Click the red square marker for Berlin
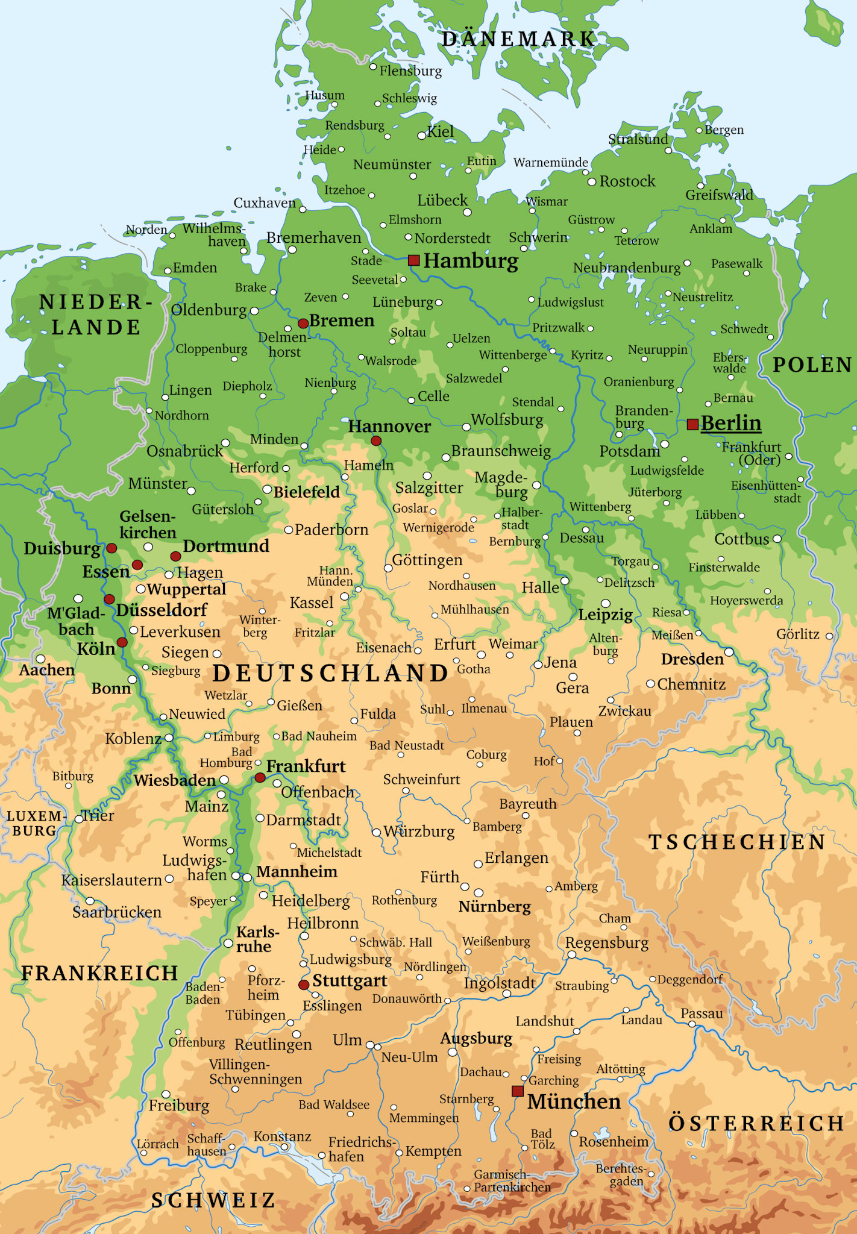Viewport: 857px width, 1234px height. tap(692, 424)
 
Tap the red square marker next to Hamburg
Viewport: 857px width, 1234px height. tap(413, 260)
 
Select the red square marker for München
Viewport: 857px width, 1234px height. tap(517, 1091)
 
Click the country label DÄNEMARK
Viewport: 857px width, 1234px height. tap(519, 39)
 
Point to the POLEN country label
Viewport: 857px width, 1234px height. tap(812, 365)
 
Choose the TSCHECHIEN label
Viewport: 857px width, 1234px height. tap(736, 842)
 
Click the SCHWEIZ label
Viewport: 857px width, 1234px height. tap(213, 1200)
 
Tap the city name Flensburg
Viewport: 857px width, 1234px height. tap(410, 71)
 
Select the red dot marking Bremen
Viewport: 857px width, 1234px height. tap(303, 324)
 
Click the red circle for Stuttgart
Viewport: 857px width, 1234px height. tap(304, 985)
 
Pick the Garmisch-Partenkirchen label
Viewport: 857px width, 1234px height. tap(512, 1181)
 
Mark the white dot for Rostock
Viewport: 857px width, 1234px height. tap(592, 181)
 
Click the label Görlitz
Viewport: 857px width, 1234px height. tap(797, 634)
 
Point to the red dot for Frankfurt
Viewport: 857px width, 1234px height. tap(260, 778)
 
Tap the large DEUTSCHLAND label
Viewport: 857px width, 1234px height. tap(331, 673)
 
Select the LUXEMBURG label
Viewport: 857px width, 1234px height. tap(34, 823)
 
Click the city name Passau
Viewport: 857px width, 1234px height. tap(702, 1013)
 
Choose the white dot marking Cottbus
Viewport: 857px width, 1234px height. tap(777, 539)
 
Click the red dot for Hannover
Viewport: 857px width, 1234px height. tap(376, 441)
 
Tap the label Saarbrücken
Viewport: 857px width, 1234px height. tap(117, 912)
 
